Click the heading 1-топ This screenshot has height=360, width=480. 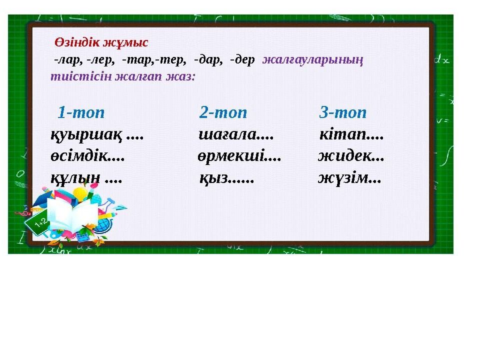[81, 112]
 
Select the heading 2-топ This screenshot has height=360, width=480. [223, 112]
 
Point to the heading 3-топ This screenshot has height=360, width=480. [343, 112]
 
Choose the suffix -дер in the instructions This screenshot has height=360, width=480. [242, 59]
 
